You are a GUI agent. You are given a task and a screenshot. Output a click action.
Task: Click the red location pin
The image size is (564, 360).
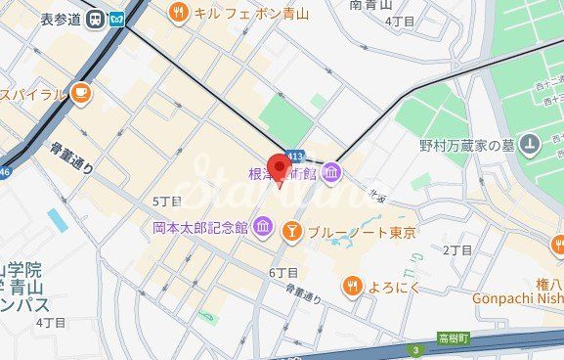click(x=282, y=167)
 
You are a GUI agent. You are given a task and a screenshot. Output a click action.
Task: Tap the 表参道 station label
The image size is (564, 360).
click(x=60, y=19)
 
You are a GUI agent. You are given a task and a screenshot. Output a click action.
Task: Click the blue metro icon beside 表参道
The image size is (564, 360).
click(x=117, y=19)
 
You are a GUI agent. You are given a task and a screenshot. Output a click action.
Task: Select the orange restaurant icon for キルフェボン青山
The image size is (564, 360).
click(x=177, y=13)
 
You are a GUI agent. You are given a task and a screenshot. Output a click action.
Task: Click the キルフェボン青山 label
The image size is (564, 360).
click(x=251, y=13)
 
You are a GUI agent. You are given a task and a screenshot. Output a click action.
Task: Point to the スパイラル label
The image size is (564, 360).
click(x=32, y=94)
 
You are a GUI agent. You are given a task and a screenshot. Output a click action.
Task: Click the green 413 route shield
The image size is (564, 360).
click(x=295, y=157)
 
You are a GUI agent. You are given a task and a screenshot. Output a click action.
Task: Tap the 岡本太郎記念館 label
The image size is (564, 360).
click(x=200, y=227)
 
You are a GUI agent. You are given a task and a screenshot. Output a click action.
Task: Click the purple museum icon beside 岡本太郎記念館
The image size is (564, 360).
click(x=262, y=228)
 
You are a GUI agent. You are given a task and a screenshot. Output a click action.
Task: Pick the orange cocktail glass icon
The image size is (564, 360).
click(x=290, y=232)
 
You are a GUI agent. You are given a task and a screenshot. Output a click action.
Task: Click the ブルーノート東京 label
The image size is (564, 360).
click(x=362, y=233)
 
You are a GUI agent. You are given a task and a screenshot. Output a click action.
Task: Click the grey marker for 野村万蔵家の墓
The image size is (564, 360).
click(x=529, y=145)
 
